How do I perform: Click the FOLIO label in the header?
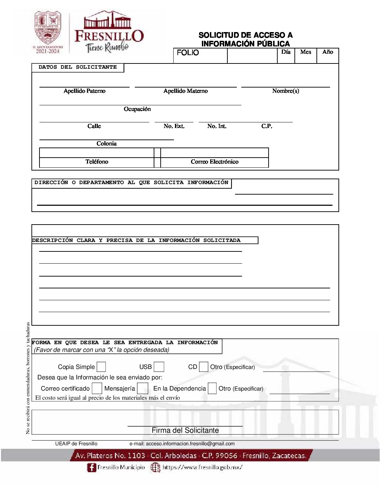pyautogui.click(x=188, y=53)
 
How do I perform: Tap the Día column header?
pyautogui.click(x=286, y=52)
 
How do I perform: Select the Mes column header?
pyautogui.click(x=306, y=52)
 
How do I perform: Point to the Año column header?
pyautogui.click(x=328, y=52)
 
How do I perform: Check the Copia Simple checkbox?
pyautogui.click(x=101, y=367)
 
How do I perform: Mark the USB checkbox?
pyautogui.click(x=159, y=367)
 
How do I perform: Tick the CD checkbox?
pyautogui.click(x=203, y=367)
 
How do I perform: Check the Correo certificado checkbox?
pyautogui.click(x=97, y=388)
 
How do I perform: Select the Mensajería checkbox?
pyautogui.click(x=142, y=388)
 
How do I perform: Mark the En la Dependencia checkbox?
pyautogui.click(x=212, y=388)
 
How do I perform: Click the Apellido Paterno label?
pyautogui.click(x=85, y=91)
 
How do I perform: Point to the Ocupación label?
pyautogui.click(x=137, y=109)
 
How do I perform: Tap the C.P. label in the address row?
pyautogui.click(x=267, y=126)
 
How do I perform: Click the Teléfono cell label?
pyautogui.click(x=97, y=162)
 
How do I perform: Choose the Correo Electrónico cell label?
pyautogui.click(x=214, y=162)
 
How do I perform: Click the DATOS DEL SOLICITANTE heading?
pyautogui.click(x=78, y=67)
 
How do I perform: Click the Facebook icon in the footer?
pyautogui.click(x=92, y=468)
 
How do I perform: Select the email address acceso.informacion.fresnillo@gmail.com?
pyautogui.click(x=190, y=444)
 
